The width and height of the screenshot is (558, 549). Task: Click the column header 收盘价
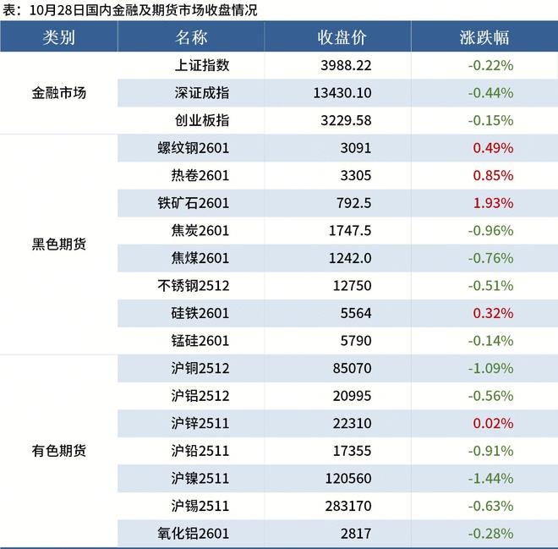coord(342,38)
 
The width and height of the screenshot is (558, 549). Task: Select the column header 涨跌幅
coord(484,38)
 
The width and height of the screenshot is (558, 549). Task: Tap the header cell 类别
coord(59,38)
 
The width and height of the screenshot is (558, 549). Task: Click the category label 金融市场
coord(59,93)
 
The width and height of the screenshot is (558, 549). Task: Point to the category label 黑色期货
coord(59,244)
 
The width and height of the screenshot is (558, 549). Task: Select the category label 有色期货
coord(59,451)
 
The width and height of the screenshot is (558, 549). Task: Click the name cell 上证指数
coord(201,65)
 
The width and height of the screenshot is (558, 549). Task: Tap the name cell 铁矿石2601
coord(194,203)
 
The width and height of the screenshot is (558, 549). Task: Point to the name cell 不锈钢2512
coord(194,286)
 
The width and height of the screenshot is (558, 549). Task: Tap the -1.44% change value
coord(490,479)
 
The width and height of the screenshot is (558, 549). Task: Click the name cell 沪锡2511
coord(200,506)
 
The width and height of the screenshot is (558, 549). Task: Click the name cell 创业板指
coord(201,120)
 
